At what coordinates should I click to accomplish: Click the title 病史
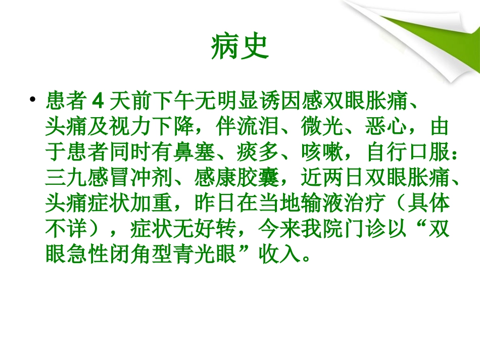coord(240,48)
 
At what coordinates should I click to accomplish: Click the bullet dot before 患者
coord(33,99)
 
